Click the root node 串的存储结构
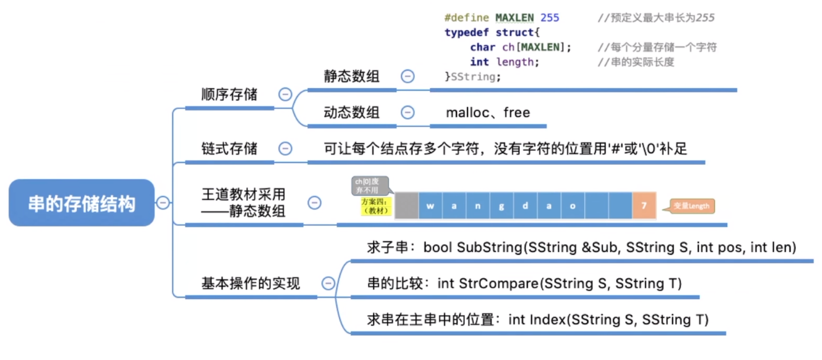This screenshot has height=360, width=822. [82, 203]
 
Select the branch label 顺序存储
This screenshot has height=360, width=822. [229, 94]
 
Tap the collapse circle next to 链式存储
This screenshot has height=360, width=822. [285, 149]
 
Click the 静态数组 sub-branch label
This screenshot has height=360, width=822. [351, 76]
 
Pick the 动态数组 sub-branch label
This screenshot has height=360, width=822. [351, 113]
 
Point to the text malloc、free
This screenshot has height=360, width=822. [488, 113]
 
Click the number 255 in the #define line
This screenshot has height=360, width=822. [549, 18]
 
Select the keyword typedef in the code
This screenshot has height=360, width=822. [466, 33]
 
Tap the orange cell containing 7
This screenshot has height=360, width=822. [644, 205]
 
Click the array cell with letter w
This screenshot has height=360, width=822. [430, 206]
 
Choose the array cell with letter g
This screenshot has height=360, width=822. [501, 206]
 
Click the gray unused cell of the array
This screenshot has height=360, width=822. [406, 206]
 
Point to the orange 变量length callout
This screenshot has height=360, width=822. [691, 206]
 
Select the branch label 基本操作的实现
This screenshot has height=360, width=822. [250, 284]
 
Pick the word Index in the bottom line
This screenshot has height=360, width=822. [548, 320]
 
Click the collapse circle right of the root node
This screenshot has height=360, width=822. [163, 203]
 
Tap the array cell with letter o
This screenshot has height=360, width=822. [572, 206]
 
